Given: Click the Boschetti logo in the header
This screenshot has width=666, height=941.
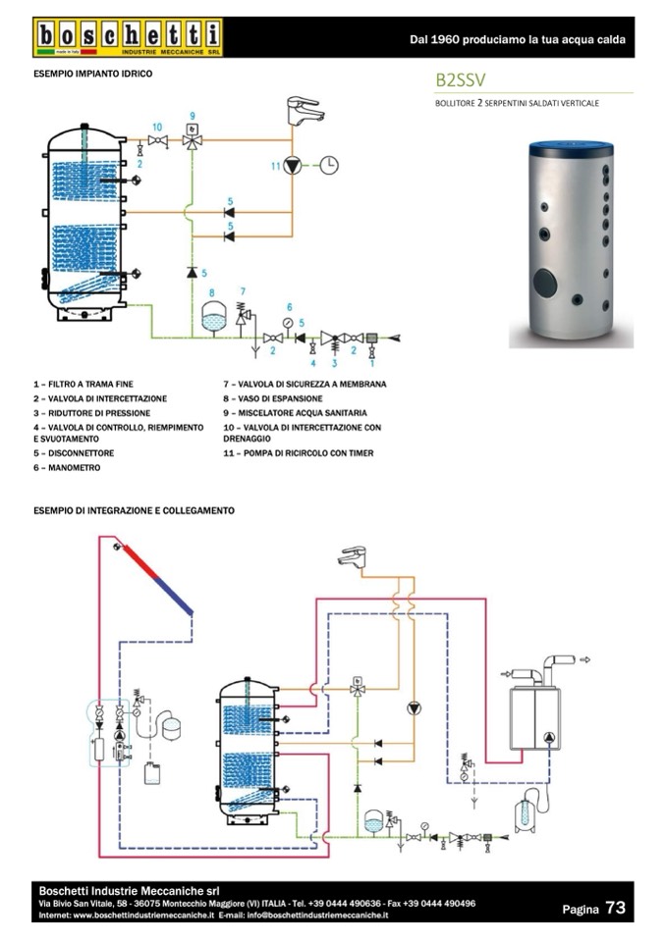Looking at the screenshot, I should click(127, 37).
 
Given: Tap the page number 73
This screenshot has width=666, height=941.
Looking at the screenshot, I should click(616, 908).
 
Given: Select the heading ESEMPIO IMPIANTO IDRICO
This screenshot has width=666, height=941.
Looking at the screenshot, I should click(92, 74).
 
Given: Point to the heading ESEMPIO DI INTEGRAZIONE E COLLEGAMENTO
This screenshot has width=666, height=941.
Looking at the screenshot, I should click(134, 510).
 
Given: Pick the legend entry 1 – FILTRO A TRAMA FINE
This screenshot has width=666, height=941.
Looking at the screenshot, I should click(83, 384).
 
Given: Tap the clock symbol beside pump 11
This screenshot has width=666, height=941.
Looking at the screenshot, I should click(328, 165).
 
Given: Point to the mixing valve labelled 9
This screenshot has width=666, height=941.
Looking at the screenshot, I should click(193, 141).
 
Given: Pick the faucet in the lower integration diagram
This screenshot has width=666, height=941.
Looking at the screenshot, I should click(353, 556).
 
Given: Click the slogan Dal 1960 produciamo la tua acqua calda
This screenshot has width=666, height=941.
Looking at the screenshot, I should click(517, 39).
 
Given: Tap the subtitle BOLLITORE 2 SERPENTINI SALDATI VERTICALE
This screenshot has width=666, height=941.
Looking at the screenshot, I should click(516, 102).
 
